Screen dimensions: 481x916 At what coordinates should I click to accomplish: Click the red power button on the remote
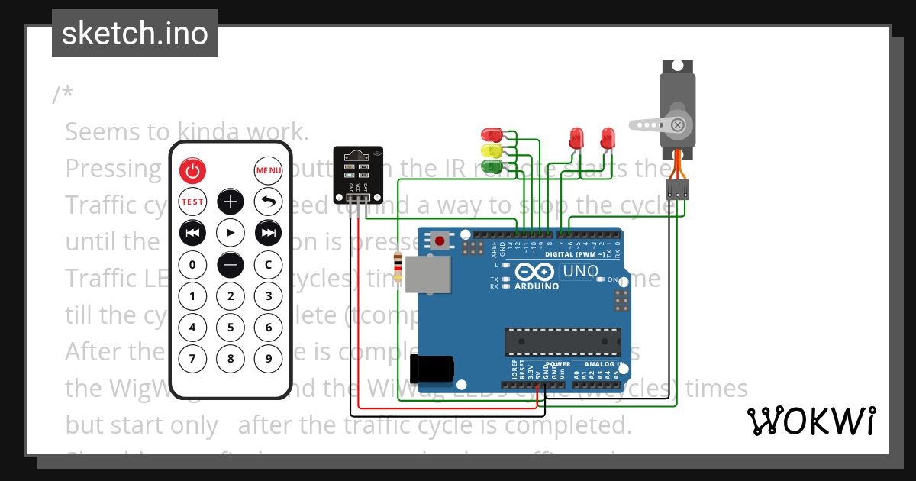click(x=192, y=170)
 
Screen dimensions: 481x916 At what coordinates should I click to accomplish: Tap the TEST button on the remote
click(x=192, y=202)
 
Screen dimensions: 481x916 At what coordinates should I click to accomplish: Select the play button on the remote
click(x=231, y=233)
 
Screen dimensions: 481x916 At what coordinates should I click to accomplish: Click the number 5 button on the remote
click(x=231, y=328)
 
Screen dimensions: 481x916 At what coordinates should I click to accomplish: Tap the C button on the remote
click(x=268, y=265)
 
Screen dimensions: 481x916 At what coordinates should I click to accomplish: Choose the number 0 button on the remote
click(x=192, y=265)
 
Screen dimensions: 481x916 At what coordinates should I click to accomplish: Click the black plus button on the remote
click(x=231, y=202)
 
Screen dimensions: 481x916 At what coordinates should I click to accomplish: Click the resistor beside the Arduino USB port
click(x=397, y=267)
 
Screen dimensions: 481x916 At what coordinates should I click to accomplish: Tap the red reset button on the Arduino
click(x=440, y=241)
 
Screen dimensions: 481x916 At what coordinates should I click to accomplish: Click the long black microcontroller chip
click(x=563, y=341)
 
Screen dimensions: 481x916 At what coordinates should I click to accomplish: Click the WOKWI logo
click(x=811, y=421)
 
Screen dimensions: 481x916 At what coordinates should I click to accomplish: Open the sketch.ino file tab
click(x=135, y=34)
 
